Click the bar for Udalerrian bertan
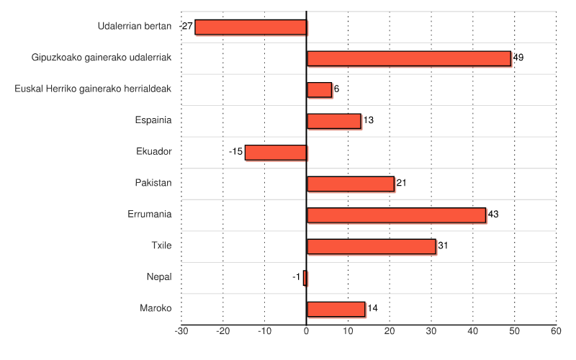[x=251, y=27]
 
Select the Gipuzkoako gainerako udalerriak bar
[x=409, y=58]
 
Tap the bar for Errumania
[x=396, y=215]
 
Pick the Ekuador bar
[x=276, y=152]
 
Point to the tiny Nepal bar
[x=305, y=277]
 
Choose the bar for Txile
[x=372, y=246]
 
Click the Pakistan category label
[x=153, y=183]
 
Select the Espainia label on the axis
[x=153, y=120]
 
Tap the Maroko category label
[x=156, y=308]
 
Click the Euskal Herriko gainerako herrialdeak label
[x=93, y=89]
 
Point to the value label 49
[x=518, y=58]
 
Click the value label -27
[x=186, y=26]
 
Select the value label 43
[x=493, y=215]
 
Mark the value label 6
[x=336, y=89]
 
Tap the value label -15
[x=235, y=152]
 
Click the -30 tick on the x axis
[x=181, y=331]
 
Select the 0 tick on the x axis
[x=307, y=331]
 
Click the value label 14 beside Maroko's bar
[x=372, y=308]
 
